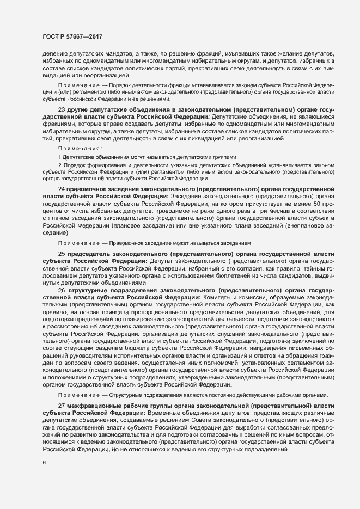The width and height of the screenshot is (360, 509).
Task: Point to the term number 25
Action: [60, 254]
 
